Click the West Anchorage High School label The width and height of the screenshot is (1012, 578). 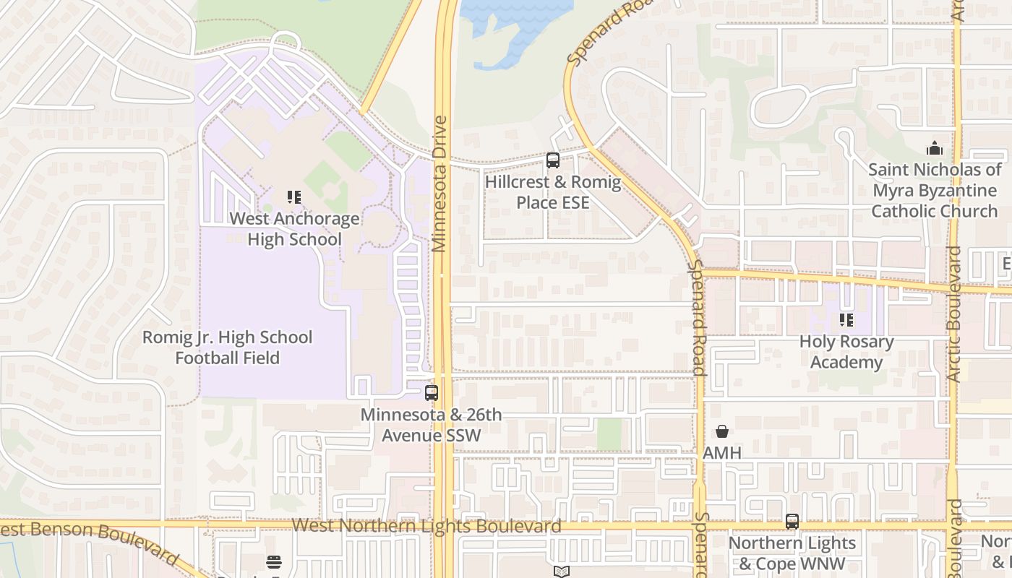click(294, 229)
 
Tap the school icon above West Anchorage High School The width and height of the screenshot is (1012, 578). click(293, 197)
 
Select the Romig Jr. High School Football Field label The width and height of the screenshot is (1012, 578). click(227, 348)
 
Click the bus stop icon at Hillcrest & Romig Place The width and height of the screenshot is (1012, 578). click(553, 160)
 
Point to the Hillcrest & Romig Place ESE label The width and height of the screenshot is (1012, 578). click(553, 192)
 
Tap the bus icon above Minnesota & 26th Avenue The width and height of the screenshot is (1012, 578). click(432, 393)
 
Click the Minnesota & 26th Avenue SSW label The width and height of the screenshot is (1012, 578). click(432, 426)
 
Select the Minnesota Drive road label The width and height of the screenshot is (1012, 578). click(439, 184)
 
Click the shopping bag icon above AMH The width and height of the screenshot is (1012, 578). click(721, 431)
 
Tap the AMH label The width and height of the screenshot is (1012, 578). click(721, 453)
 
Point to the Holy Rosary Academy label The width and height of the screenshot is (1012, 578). click(846, 352)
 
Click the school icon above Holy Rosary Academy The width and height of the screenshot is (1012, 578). click(846, 319)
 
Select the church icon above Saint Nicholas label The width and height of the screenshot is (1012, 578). click(934, 149)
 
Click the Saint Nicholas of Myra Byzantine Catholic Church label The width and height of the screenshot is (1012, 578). click(935, 191)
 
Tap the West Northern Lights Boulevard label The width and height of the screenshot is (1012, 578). click(426, 525)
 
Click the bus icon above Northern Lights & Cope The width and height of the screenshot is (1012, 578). click(792, 521)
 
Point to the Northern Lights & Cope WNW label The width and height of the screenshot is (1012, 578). click(792, 553)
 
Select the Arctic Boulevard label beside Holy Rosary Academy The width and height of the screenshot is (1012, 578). click(954, 314)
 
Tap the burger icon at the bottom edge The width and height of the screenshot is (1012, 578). click(273, 562)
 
